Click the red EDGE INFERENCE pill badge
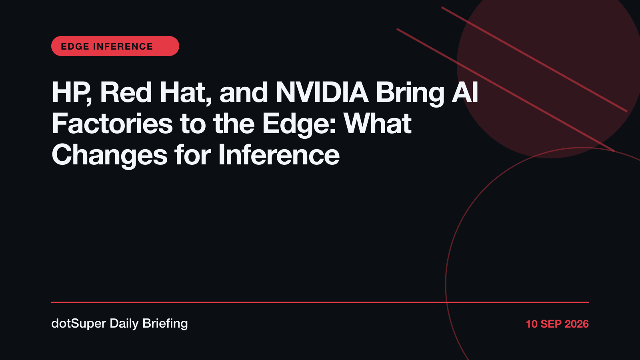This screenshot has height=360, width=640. coord(115,46)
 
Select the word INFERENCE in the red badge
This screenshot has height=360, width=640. coord(123,46)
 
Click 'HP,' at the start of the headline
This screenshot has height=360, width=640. coord(72,93)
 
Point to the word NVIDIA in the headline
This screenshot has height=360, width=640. coord(322,92)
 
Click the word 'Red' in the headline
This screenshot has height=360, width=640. coord(126,92)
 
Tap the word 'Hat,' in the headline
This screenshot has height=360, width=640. coord(186,93)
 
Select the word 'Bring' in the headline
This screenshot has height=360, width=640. coord(410,94)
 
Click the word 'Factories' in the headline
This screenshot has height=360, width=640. coord(112,124)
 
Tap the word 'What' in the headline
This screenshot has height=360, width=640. coord(378,124)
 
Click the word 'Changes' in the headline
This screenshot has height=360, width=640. coord(110,156)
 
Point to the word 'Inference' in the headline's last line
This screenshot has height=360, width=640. coord(279,154)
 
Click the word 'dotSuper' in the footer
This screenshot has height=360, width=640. coord(79,324)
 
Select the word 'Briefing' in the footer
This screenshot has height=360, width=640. coord(165,324)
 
